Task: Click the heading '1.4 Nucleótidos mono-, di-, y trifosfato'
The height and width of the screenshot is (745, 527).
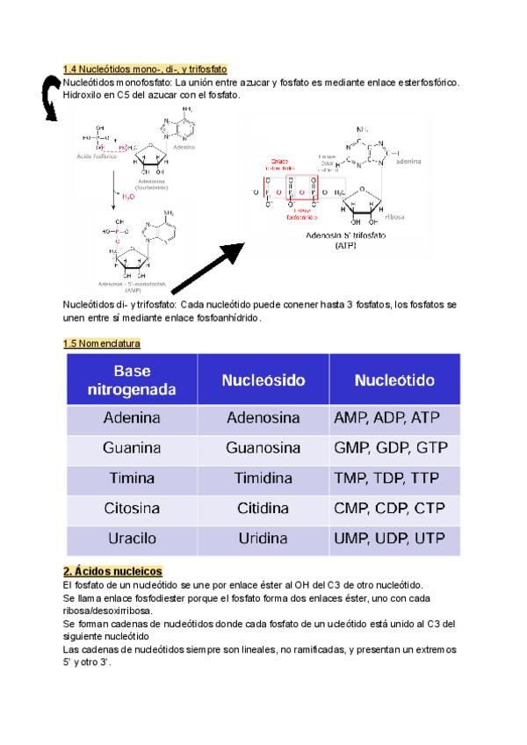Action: (145, 68)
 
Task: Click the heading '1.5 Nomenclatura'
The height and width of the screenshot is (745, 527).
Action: (102, 344)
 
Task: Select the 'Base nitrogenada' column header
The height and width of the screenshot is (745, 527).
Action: (132, 380)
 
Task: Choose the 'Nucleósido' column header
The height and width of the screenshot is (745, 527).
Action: (263, 380)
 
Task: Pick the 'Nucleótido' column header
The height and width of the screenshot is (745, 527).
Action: (394, 380)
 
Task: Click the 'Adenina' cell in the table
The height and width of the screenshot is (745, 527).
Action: (132, 418)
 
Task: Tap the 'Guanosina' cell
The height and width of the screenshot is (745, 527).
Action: (263, 448)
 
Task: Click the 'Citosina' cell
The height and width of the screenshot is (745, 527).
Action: (132, 509)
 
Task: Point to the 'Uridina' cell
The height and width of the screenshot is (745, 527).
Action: (263, 539)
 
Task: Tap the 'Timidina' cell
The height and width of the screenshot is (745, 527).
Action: (263, 479)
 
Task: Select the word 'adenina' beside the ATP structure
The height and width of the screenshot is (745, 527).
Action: (409, 162)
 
